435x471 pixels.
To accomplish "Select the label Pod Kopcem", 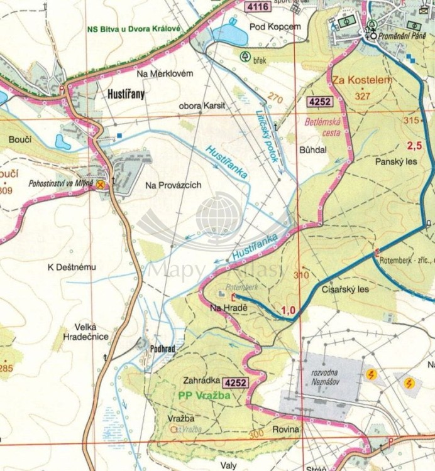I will coord(275,26).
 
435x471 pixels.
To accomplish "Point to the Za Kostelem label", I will coord(353,80).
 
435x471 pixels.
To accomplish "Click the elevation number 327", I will coord(362,96).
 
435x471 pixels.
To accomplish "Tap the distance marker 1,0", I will coord(289,309).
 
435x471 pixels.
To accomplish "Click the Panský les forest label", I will coord(397,161).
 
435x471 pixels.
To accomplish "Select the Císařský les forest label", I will coord(345,290).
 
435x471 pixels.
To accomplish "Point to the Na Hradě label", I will coord(228,307).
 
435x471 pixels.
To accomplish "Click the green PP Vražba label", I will coord(201,396).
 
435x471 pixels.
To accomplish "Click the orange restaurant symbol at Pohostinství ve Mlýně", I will coord(100,185).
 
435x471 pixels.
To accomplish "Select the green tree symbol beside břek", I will coord(244,56).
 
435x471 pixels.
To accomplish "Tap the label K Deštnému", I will coord(72,267).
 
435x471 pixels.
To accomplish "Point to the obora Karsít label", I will coord(198,106).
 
